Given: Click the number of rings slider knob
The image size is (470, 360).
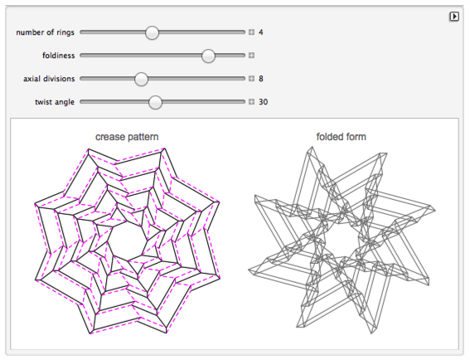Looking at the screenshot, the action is [152, 32].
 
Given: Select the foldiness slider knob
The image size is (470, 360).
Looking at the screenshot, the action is [208, 56].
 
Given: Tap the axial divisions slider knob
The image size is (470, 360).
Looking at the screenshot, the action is [141, 79].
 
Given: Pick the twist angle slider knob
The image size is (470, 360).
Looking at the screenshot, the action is [155, 102].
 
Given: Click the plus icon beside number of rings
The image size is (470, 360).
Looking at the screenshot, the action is [251, 32].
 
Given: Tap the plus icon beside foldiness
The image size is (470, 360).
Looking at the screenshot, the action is [251, 56].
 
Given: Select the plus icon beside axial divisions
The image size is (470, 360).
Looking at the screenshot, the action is [251, 79].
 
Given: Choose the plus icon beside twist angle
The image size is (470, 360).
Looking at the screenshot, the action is [251, 102].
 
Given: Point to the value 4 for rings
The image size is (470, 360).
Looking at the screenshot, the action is [261, 32].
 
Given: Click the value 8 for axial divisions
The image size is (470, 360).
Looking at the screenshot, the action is [261, 79].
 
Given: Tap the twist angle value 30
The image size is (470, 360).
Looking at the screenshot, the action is [263, 102].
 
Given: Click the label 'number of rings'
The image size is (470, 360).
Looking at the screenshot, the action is [45, 32].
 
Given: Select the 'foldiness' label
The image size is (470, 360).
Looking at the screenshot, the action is [59, 56].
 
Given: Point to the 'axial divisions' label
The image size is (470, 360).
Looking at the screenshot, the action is [49, 79].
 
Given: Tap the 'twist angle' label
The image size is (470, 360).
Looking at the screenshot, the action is [55, 102].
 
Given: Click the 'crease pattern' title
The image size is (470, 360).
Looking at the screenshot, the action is [127, 137].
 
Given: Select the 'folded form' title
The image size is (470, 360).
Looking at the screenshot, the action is [342, 137].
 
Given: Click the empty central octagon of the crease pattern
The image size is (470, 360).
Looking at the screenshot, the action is [128, 241].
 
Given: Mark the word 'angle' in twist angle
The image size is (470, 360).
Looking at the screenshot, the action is [64, 102].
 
